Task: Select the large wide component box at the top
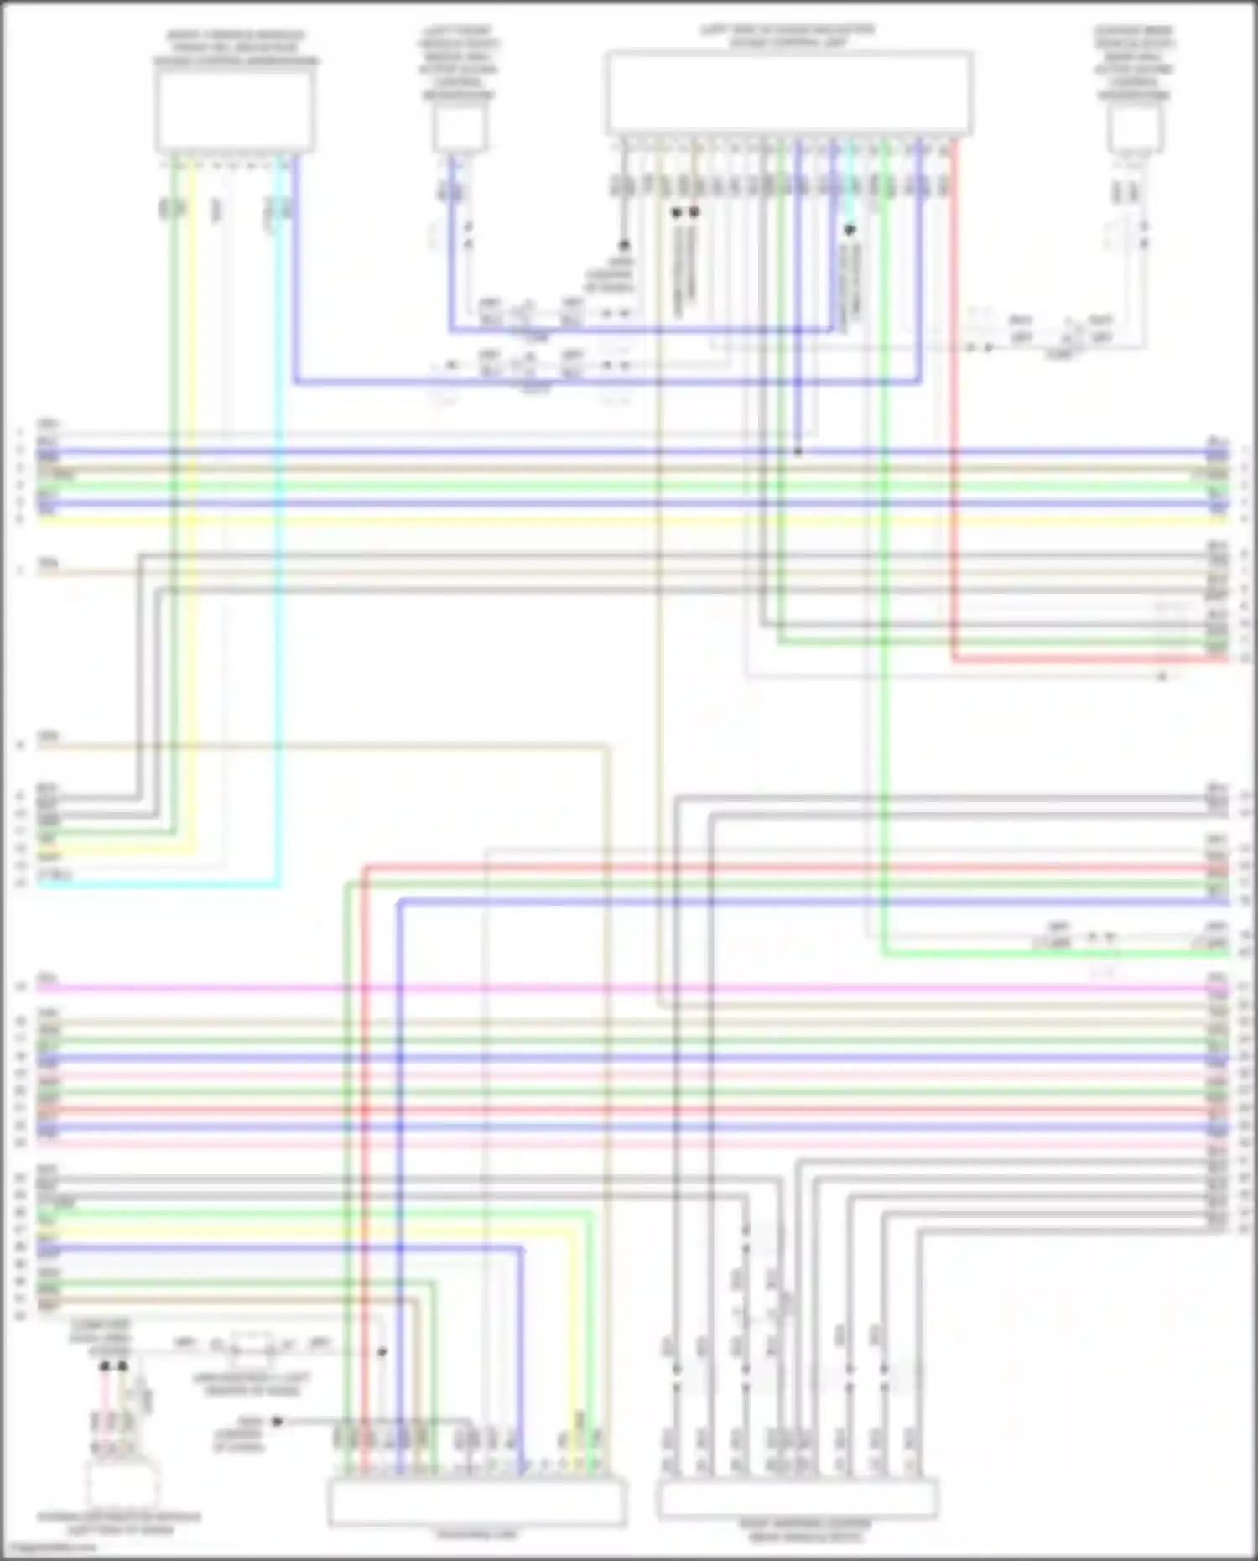(788, 92)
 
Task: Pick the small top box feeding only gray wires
(1134, 130)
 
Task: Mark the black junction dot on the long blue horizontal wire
(798, 452)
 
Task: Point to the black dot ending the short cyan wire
(850, 229)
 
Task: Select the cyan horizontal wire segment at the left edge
(159, 884)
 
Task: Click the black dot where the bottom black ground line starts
(278, 1421)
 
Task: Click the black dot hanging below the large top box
(624, 246)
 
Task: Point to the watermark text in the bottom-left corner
(46, 1548)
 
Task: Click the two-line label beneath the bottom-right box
(805, 1532)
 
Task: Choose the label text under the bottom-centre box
(476, 1534)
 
